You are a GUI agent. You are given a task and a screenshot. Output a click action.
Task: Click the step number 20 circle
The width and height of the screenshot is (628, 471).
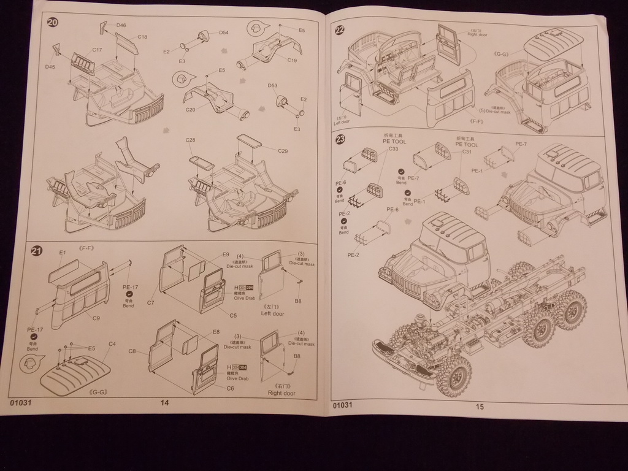53,22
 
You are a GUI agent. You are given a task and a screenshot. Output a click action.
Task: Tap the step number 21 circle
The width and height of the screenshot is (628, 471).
37,251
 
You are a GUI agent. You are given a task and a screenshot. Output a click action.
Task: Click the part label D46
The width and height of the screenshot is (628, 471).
121,25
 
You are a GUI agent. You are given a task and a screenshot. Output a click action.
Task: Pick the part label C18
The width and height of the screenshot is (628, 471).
142,37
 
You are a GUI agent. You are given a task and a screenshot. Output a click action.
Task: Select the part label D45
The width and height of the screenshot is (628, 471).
50,66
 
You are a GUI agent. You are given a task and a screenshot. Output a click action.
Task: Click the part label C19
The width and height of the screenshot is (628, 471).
292,60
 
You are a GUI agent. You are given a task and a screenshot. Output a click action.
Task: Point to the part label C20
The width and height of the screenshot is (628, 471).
190,109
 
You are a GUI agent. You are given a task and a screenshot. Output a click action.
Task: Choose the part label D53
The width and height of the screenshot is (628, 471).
272,86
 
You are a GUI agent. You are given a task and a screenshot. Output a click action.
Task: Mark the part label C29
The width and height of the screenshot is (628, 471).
283,151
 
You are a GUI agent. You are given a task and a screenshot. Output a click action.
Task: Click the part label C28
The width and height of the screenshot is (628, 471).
190,140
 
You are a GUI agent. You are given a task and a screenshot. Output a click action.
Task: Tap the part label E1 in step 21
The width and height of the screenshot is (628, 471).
62,253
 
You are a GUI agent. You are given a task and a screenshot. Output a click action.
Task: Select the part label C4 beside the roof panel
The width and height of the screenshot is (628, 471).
112,344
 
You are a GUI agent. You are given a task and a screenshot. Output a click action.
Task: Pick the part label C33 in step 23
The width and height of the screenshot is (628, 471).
393,149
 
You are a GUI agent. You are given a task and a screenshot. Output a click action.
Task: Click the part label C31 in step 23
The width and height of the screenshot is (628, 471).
466,151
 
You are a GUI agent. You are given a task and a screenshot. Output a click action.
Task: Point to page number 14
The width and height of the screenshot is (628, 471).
164,402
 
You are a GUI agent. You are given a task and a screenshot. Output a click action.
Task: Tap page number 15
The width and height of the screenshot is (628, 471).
480,405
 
